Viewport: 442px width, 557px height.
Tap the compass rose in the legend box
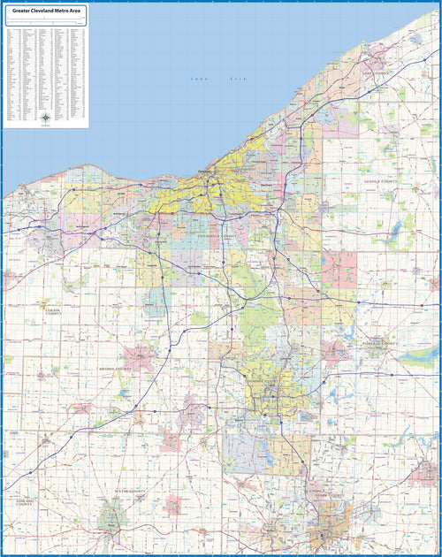coord(45,117)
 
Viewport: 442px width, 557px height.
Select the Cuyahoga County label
coord(217,237)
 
